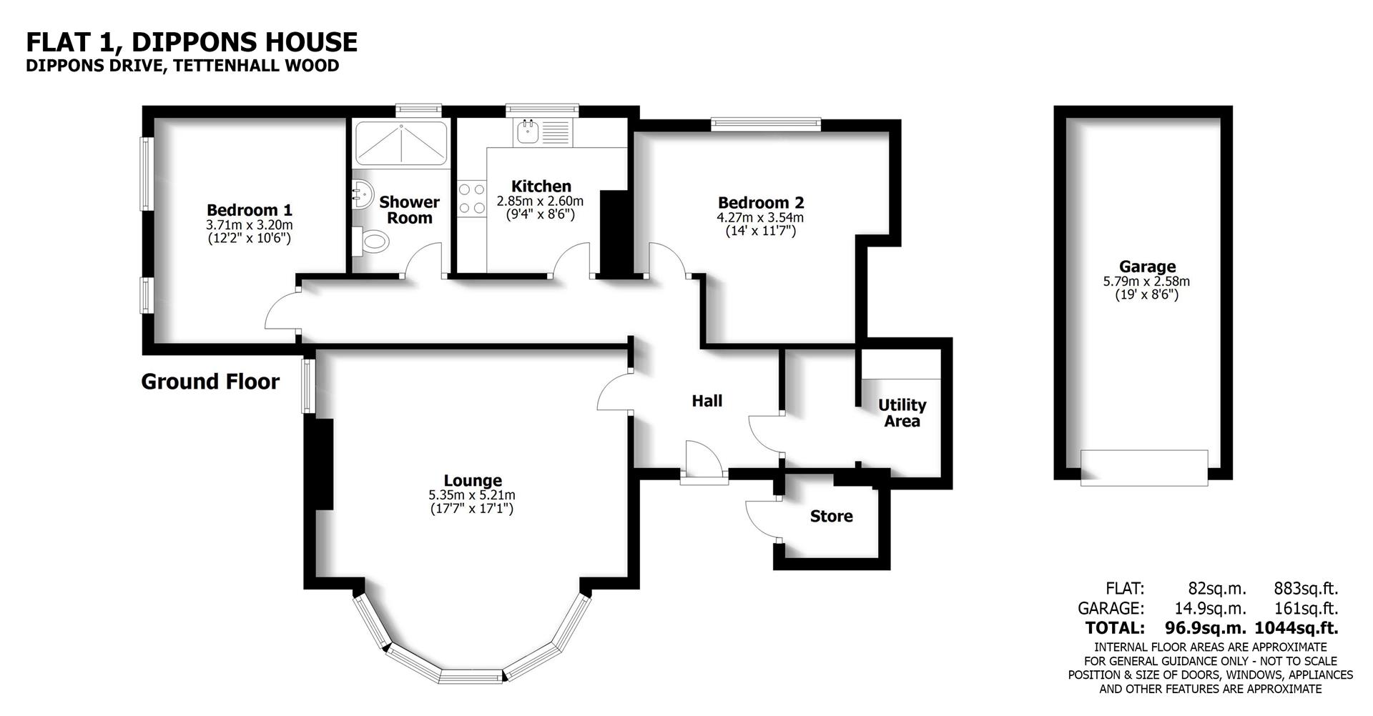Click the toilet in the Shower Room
[373, 242]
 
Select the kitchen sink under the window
[528, 131]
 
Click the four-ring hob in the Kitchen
[471, 199]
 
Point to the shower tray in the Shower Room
[401, 143]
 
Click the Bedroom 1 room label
[249, 210]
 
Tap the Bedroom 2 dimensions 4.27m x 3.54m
[760, 217]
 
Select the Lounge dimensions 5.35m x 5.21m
[471, 494]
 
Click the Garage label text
[1147, 267]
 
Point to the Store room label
[831, 516]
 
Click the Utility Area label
[902, 413]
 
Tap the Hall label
[707, 401]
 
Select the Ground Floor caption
[210, 382]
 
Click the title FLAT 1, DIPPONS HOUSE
[192, 42]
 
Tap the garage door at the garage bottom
[1143, 468]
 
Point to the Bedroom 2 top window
[765, 124]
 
